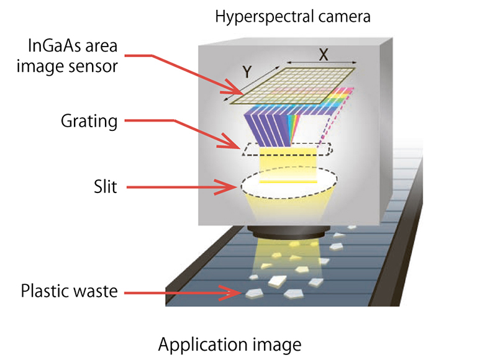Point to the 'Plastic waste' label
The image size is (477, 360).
coord(69,290)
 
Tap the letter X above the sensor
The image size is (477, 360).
coord(324,53)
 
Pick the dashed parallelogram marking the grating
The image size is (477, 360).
coord(288,150)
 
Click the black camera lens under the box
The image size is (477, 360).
coord(285,235)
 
